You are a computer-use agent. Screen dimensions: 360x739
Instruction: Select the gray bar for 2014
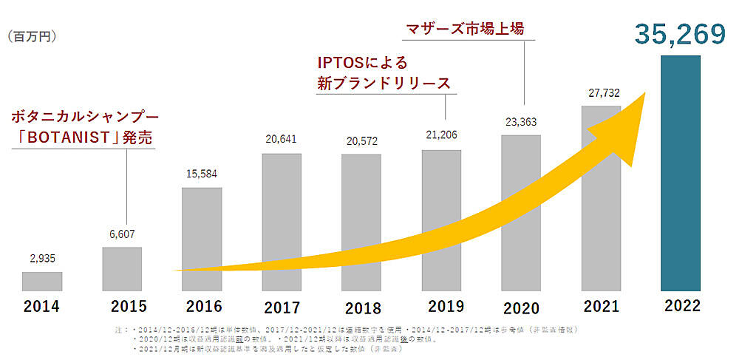point(42,281)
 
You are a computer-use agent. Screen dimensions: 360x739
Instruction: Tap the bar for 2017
point(282,222)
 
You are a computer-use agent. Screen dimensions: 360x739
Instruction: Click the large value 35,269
point(679,34)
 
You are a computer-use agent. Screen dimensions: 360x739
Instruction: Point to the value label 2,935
point(42,259)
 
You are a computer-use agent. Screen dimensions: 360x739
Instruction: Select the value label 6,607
point(122,234)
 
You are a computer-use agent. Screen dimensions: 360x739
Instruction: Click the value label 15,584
point(201,174)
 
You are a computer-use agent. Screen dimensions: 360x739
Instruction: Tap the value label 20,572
point(361,141)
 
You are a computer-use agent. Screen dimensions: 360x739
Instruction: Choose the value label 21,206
point(441,137)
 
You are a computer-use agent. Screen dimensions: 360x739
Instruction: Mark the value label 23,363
point(521,122)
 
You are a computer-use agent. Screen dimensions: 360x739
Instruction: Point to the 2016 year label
point(201,307)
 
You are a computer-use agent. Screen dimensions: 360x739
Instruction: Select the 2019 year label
point(441,306)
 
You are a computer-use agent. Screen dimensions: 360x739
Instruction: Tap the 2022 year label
point(680,306)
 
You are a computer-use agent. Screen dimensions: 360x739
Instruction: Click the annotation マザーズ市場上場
point(465,30)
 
